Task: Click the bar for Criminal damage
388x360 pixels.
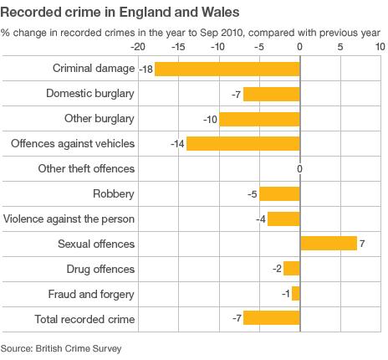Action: [x=227, y=69]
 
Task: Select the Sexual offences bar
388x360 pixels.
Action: [x=328, y=244]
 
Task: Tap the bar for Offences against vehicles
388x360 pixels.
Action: [x=242, y=144]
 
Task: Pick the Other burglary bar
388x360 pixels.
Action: [x=259, y=119]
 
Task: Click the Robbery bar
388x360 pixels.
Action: [x=279, y=194]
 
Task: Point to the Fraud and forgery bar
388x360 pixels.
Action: [x=295, y=294]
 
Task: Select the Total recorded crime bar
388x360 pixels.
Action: [x=271, y=319]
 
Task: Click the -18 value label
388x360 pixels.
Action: [x=145, y=69]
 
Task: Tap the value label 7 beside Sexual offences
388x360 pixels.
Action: [x=362, y=244]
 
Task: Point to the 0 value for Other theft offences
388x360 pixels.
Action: [x=299, y=169]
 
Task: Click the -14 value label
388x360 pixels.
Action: [x=176, y=144]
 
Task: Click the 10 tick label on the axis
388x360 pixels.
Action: [x=380, y=48]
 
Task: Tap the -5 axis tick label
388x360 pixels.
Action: [x=258, y=48]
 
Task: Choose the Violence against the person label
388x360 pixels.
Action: [x=69, y=219]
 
